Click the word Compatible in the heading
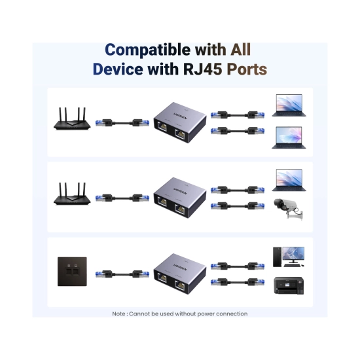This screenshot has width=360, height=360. (148, 50)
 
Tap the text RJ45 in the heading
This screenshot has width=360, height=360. (202, 69)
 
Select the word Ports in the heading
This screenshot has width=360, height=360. (247, 69)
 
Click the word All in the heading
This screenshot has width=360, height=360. (240, 49)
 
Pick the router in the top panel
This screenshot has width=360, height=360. (72, 118)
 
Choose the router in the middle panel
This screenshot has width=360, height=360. (72, 194)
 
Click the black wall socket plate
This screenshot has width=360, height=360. (72, 272)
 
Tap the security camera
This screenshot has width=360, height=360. (289, 209)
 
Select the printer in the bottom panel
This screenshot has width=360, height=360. (289, 285)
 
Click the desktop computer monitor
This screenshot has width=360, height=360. (293, 255)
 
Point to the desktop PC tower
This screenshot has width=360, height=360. (277, 257)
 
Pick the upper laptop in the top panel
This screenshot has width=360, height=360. (289, 105)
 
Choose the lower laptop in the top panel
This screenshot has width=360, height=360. (289, 137)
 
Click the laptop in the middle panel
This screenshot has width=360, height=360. (289, 180)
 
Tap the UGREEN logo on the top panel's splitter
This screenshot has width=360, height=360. (181, 116)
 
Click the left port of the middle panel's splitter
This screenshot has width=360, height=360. (162, 202)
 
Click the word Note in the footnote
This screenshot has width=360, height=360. (118, 314)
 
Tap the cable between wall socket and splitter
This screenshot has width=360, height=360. (122, 274)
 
